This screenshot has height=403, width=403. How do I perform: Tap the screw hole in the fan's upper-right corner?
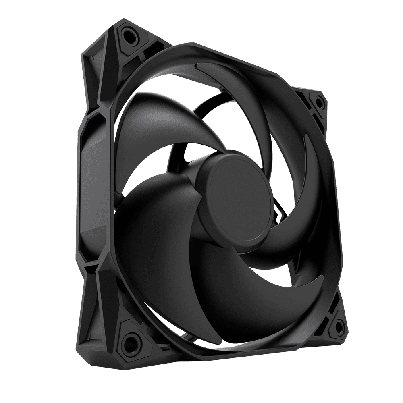pos(318,102)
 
